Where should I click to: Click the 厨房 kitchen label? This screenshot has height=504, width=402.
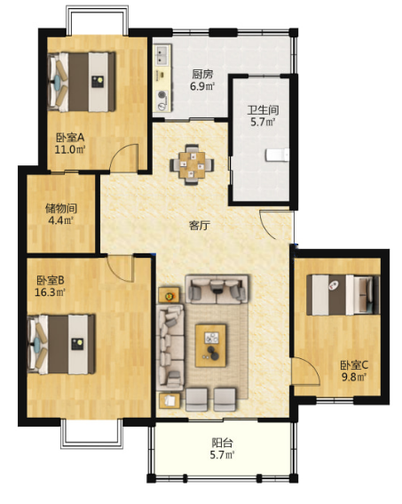(202, 75)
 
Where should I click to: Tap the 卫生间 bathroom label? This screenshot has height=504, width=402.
(263, 110)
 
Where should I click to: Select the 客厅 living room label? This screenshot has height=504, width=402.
(200, 225)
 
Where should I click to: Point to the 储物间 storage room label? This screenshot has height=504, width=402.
(61, 208)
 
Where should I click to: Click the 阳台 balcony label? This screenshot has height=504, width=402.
(222, 443)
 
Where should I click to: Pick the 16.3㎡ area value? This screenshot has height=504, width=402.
(50, 292)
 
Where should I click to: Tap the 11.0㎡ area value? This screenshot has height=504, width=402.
(70, 149)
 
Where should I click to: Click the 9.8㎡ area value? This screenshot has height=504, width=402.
(354, 377)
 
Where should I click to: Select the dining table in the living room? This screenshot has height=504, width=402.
(193, 165)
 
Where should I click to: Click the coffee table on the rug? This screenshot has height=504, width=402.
(211, 346)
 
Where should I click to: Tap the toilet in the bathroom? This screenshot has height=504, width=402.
(277, 155)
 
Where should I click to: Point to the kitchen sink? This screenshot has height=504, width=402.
(163, 54)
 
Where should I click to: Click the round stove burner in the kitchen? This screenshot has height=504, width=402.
(162, 94)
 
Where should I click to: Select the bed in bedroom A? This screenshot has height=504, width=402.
(82, 82)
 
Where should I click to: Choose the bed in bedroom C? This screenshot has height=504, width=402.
(343, 294)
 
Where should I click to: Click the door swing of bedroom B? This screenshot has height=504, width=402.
(119, 268)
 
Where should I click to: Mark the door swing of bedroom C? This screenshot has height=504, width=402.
(305, 371)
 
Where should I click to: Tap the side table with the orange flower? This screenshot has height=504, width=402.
(169, 295)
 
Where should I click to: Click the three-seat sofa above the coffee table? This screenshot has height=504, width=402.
(217, 289)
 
